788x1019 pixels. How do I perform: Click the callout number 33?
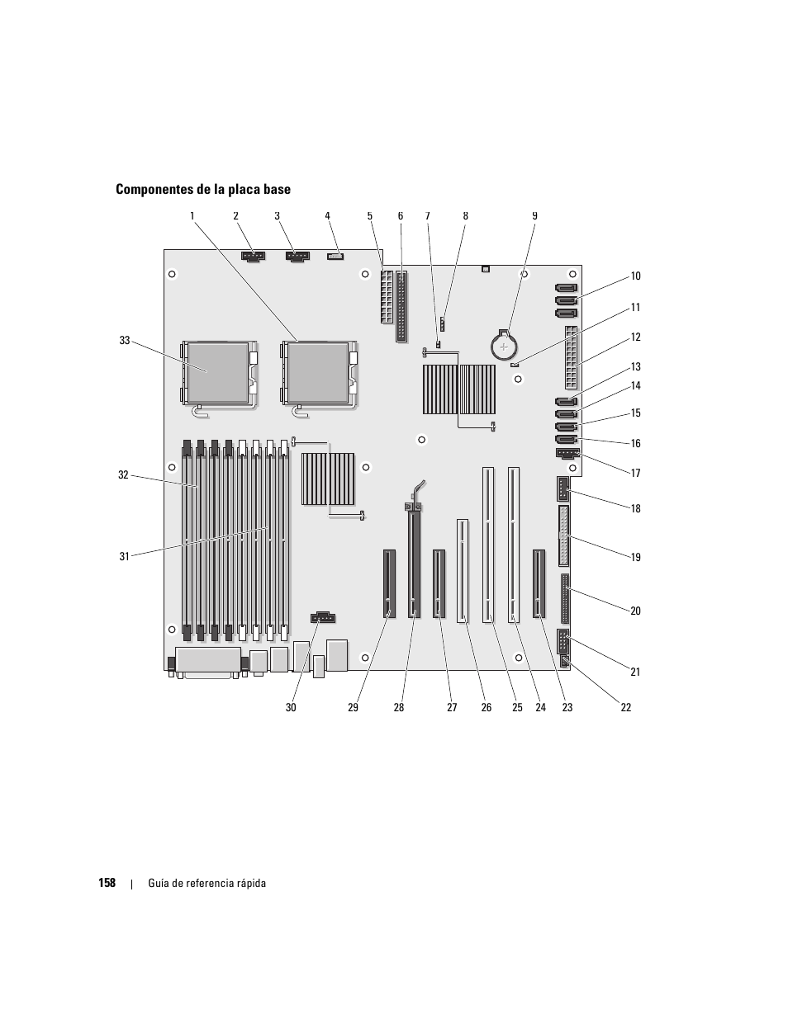click(125, 341)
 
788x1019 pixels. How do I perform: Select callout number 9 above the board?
click(534, 215)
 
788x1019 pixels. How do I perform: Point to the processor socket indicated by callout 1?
click(319, 373)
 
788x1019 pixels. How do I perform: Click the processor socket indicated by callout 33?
click(219, 373)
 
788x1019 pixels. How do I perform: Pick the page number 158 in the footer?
click(107, 883)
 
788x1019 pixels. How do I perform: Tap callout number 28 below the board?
click(398, 707)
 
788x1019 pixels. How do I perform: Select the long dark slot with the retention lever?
click(414, 560)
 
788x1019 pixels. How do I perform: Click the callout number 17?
click(635, 473)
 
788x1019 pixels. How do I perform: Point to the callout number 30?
click(291, 707)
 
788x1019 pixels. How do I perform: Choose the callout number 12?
click(635, 337)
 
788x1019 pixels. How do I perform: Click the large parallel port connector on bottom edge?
click(208, 662)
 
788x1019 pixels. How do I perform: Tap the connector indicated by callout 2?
click(253, 256)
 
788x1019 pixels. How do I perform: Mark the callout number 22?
click(626, 707)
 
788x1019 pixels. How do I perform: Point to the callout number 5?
click(370, 215)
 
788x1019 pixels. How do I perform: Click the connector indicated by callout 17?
click(567, 454)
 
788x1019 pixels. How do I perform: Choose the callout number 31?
click(125, 556)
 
